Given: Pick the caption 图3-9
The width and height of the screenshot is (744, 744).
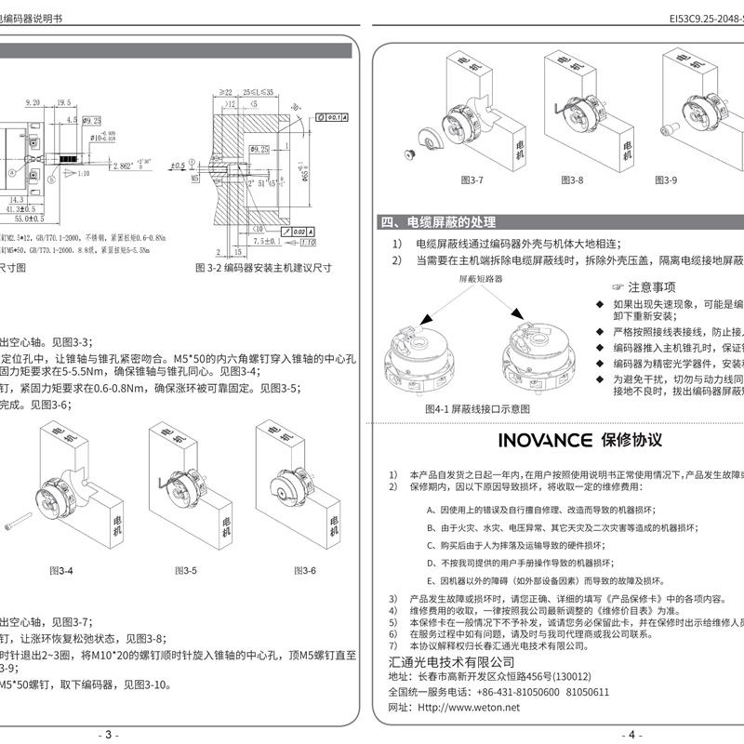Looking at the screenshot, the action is pyautogui.click(x=667, y=179).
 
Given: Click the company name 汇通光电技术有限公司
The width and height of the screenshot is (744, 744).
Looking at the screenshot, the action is pyautogui.click(x=450, y=660).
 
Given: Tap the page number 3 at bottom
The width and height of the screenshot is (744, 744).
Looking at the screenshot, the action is pyautogui.click(x=111, y=735).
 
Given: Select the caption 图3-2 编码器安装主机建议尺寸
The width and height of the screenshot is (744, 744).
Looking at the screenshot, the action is pyautogui.click(x=266, y=267).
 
